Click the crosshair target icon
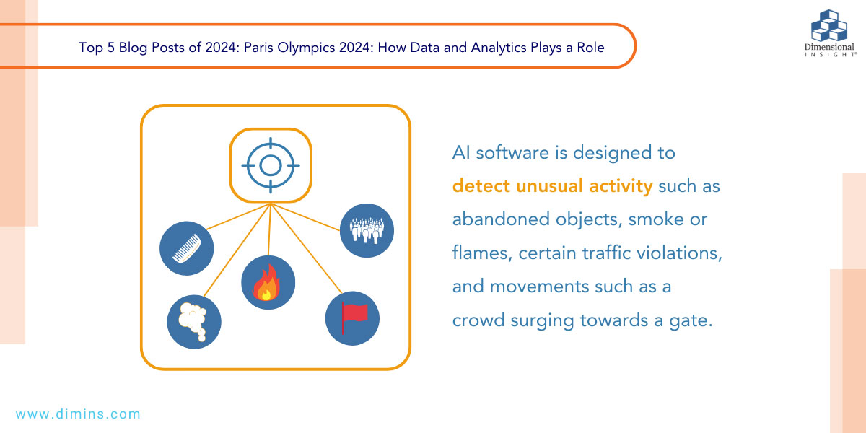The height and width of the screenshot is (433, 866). pos(270,166)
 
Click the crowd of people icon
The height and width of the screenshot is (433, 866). pos(366,230)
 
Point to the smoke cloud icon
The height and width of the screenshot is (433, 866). pos(193,321)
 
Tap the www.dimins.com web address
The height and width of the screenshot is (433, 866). pos(78,414)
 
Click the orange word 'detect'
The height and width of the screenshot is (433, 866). pos(481,186)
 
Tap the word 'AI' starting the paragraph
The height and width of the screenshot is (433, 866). pos(462,153)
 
